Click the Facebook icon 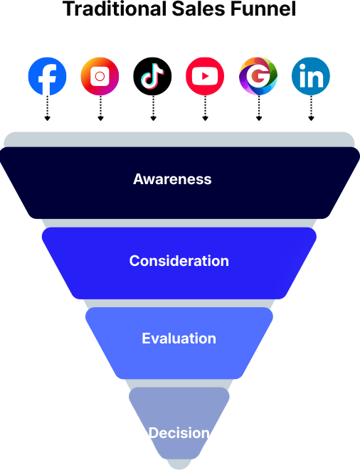click(x=47, y=76)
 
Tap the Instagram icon click(x=100, y=76)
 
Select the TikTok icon click(x=152, y=76)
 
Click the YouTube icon click(x=205, y=76)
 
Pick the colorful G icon click(x=258, y=76)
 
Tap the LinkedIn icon click(x=311, y=76)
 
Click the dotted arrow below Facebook click(x=47, y=108)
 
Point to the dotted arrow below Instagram click(x=100, y=108)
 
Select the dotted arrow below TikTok click(x=153, y=108)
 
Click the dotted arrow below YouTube click(x=205, y=108)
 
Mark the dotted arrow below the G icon click(x=259, y=108)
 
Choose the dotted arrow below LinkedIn click(x=311, y=108)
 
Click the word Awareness click(x=172, y=179)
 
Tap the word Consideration click(x=179, y=261)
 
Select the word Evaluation click(x=179, y=338)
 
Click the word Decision click(x=179, y=433)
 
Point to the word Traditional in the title click(x=115, y=9)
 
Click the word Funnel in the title click(x=263, y=9)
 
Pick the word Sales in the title click(x=198, y=9)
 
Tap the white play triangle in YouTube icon click(x=205, y=76)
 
